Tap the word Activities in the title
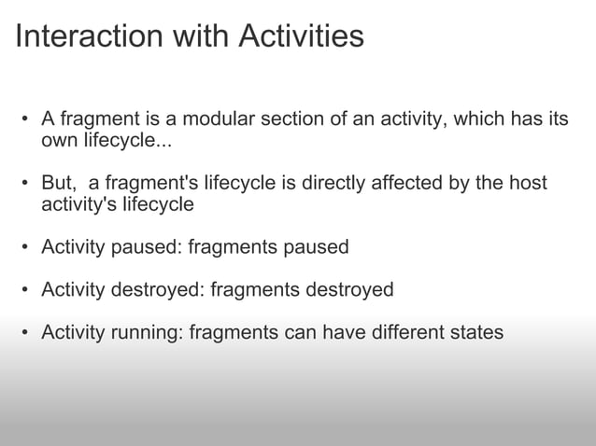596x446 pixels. pyautogui.click(x=301, y=36)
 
